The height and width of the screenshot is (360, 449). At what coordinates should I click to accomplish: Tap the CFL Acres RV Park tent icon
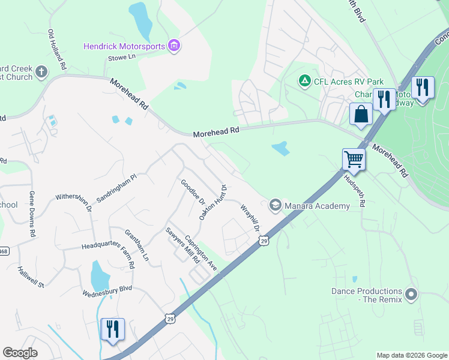click(305, 81)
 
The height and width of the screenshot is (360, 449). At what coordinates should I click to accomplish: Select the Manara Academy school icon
click(276, 205)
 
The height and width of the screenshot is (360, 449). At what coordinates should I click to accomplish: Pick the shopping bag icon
click(361, 113)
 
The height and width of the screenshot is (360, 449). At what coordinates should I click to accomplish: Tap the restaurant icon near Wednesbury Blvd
click(112, 329)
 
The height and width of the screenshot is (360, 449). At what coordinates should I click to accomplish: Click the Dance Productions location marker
click(411, 295)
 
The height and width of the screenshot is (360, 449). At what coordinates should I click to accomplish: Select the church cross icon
click(41, 73)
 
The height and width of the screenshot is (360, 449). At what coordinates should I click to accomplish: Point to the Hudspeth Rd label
click(354, 191)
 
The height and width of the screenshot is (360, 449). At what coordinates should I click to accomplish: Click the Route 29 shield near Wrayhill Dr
click(264, 241)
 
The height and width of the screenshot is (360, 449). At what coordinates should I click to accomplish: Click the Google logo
click(20, 353)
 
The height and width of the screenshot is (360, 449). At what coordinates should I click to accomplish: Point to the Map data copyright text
click(411, 355)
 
